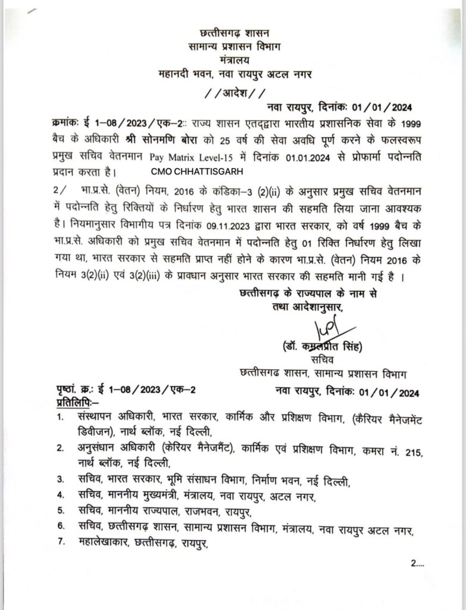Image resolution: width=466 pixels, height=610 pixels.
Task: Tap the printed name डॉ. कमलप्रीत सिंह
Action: [x=323, y=347]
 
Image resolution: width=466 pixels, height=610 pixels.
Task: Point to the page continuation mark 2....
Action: [x=415, y=579]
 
